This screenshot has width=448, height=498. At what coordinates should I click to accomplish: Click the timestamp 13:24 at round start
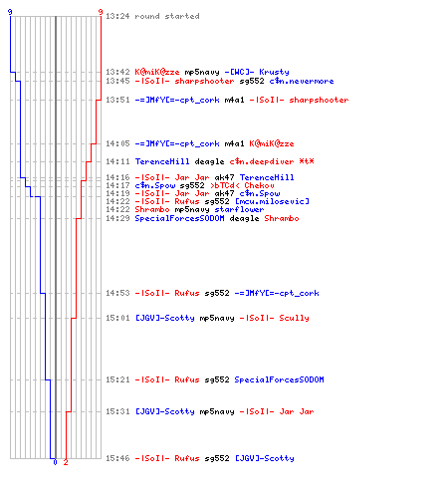pyautogui.click(x=117, y=16)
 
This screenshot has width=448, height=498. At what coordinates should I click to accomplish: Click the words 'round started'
pyautogui.click(x=167, y=16)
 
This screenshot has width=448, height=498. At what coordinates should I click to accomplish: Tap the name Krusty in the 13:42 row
pyautogui.click(x=274, y=72)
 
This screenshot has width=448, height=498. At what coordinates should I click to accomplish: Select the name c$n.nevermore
pyautogui.click(x=302, y=81)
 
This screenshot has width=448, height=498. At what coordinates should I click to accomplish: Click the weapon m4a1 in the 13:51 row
pyautogui.click(x=234, y=100)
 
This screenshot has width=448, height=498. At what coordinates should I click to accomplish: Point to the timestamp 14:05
pyautogui.click(x=117, y=143)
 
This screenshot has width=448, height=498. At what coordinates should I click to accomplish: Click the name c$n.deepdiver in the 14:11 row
pyautogui.click(x=262, y=161)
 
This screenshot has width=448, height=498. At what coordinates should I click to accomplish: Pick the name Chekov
pyautogui.click(x=259, y=185)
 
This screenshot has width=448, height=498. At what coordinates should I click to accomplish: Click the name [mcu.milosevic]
pyautogui.click(x=272, y=201)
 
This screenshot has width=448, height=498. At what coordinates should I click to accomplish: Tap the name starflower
pyautogui.click(x=239, y=209)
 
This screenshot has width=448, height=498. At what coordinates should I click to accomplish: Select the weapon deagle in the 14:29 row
pyautogui.click(x=244, y=218)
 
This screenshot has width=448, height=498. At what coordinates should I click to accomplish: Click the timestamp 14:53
pyautogui.click(x=117, y=293)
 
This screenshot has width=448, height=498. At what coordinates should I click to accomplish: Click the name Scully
pyautogui.click(x=294, y=318)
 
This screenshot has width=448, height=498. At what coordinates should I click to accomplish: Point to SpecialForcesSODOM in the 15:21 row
pyautogui.click(x=279, y=379)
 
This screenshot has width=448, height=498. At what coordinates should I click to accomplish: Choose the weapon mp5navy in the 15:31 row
pyautogui.click(x=217, y=411)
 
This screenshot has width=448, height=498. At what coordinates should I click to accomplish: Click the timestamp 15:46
pyautogui.click(x=117, y=458)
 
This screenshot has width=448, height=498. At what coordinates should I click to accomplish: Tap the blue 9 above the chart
pyautogui.click(x=10, y=12)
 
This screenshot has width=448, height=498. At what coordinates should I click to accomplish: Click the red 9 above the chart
pyautogui.click(x=101, y=12)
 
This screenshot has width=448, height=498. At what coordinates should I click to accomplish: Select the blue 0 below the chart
pyautogui.click(x=55, y=462)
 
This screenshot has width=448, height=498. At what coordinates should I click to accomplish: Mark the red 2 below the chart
pyautogui.click(x=66, y=462)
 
